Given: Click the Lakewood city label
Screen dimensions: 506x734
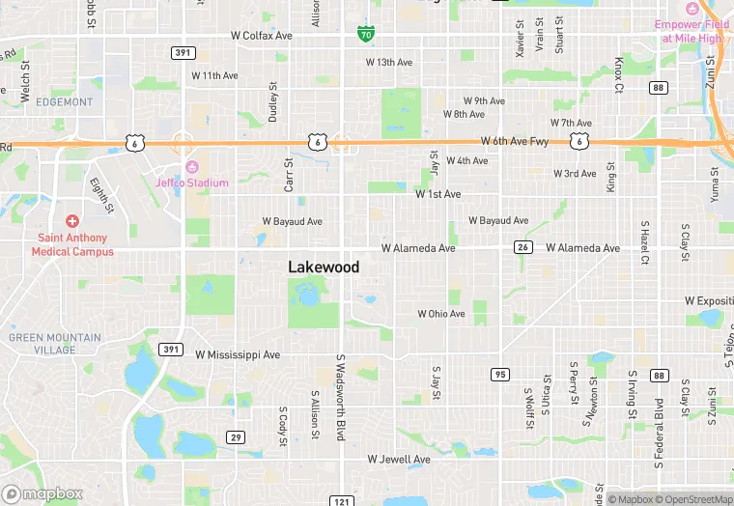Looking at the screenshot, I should click(324, 267).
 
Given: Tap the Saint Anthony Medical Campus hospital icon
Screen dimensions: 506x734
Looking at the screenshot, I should click(71, 222).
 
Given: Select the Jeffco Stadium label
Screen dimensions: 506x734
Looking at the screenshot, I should click(192, 183).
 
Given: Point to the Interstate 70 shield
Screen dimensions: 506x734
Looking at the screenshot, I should click(365, 35).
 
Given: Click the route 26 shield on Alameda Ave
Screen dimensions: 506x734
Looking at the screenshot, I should click(522, 248).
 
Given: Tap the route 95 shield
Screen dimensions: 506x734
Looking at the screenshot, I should click(499, 374).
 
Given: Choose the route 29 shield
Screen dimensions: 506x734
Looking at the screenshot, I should click(235, 437).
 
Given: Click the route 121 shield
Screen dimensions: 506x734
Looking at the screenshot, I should click(340, 501).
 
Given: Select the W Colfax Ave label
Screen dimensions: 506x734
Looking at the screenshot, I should click(261, 36).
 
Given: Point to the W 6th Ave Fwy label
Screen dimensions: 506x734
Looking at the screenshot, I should click(514, 141).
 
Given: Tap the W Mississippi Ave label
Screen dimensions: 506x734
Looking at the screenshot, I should click(238, 354).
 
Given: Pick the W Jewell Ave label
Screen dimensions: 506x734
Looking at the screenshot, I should click(399, 460).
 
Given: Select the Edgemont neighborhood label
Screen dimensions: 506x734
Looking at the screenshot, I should click(64, 101).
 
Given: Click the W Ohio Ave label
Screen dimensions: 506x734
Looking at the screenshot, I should click(441, 314).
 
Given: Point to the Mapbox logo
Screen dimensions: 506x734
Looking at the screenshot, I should click(42, 493).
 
